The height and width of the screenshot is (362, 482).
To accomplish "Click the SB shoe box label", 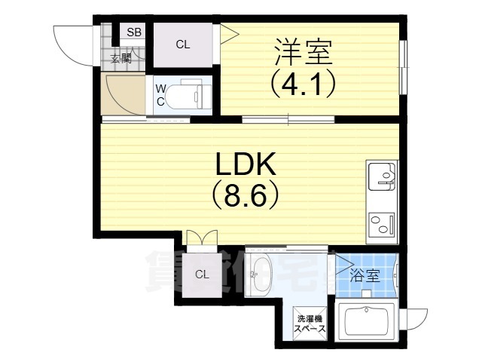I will pyautogui.click(x=134, y=32).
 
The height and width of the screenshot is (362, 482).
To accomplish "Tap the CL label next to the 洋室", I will pyautogui.click(x=183, y=44).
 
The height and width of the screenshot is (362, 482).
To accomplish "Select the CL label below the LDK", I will pyautogui.click(x=202, y=275).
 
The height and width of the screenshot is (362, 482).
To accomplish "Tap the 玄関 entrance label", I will pyautogui.click(x=120, y=58).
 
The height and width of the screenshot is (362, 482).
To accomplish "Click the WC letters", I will pyautogui.click(x=160, y=94).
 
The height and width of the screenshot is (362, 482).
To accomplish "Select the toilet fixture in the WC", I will pyautogui.click(x=185, y=97).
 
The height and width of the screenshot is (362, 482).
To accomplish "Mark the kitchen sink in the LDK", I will pyautogui.click(x=383, y=179).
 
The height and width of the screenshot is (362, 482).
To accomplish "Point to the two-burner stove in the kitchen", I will pyautogui.click(x=383, y=223).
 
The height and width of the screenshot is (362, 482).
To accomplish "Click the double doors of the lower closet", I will pyautogui.click(x=201, y=239).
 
